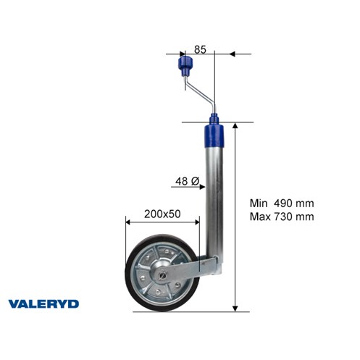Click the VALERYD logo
pyautogui.click(x=43, y=304)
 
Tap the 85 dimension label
pyautogui.click(x=200, y=49)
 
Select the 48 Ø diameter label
pyautogui.click(x=187, y=181)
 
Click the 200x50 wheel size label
pyautogui.click(x=162, y=214)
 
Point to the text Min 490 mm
pyautogui.click(x=282, y=204)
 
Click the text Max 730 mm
pyautogui.click(x=282, y=217)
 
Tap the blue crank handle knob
pyautogui.click(x=185, y=65)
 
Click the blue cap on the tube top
pyautogui.click(x=214, y=136)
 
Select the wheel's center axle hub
pyautogui.click(x=162, y=275)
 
